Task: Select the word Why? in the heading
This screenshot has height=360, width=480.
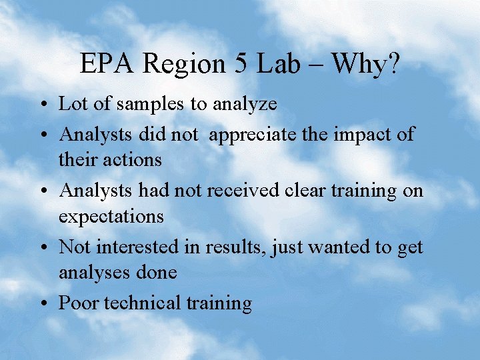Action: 365,64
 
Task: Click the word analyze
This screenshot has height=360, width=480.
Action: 244,105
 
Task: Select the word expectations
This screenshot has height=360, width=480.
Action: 111,217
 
